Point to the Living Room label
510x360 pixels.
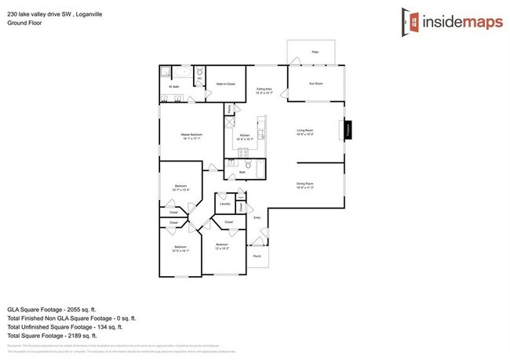(306, 132)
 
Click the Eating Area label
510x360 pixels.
(264, 91)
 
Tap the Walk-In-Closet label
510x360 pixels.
(227, 84)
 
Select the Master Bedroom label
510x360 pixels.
(191, 136)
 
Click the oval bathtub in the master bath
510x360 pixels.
(177, 75)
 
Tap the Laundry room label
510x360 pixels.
(224, 203)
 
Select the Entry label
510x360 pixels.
(257, 217)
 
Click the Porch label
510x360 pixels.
(257, 256)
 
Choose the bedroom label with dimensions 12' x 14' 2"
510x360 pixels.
(221, 247)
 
